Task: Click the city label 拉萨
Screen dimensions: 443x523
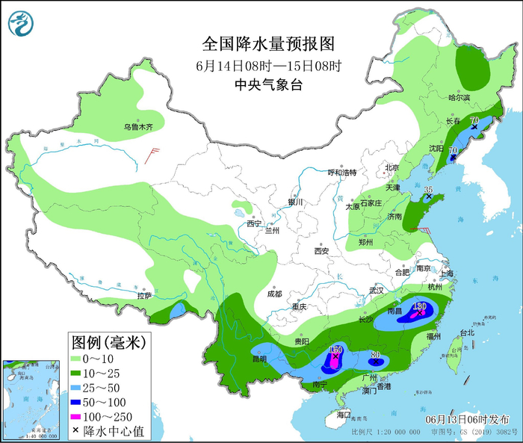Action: click(x=144, y=297)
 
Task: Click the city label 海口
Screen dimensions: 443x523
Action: click(x=343, y=415)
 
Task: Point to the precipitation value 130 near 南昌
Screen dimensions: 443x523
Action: click(x=419, y=306)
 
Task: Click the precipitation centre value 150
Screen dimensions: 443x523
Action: click(x=335, y=350)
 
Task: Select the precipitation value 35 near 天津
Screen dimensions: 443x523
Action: click(x=428, y=190)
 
